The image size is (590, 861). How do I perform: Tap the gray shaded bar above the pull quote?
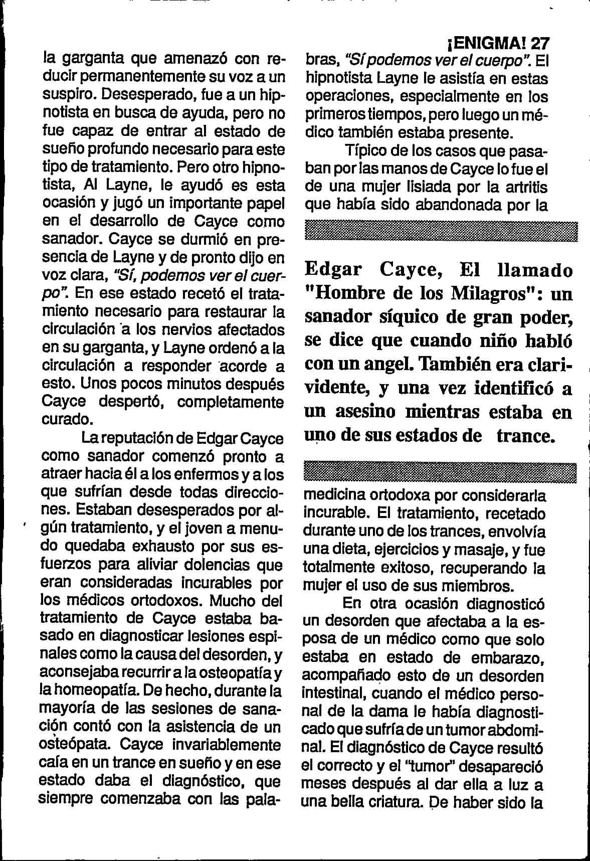[441, 232]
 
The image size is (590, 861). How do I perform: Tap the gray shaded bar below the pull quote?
[441, 472]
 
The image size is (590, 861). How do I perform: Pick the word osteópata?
[76, 745]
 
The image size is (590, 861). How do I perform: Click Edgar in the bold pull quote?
[333, 270]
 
